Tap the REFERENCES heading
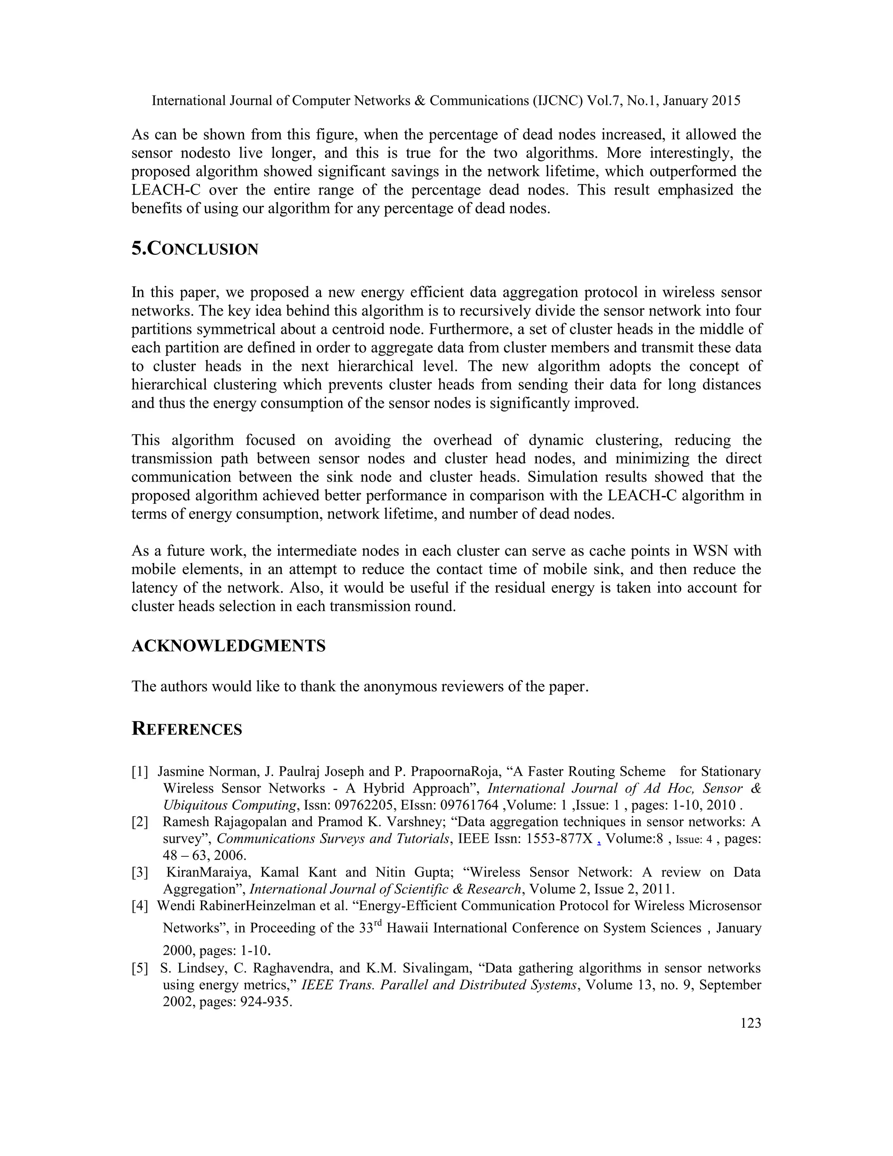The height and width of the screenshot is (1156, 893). (x=186, y=729)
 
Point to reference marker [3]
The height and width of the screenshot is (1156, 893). (x=140, y=872)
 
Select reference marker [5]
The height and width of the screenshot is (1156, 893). (x=140, y=968)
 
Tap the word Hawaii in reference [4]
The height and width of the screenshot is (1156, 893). (x=407, y=928)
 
